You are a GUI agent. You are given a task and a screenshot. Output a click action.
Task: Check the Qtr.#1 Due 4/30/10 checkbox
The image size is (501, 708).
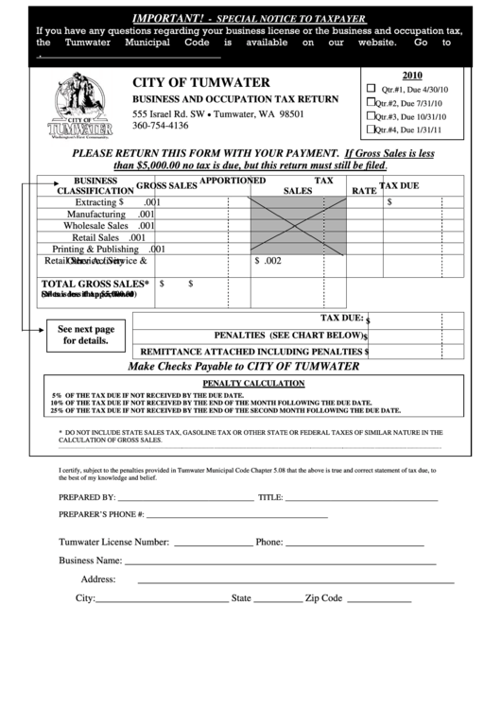click(x=371, y=87)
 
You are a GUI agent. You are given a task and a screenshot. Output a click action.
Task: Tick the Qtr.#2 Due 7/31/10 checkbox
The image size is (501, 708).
click(x=371, y=102)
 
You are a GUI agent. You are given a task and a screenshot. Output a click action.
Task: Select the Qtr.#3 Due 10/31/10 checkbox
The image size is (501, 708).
click(x=371, y=116)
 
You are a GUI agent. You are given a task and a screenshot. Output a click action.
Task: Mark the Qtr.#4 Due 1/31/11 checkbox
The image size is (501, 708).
click(x=371, y=130)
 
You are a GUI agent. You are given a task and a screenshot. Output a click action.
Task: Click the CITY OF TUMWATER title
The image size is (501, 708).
click(x=200, y=82)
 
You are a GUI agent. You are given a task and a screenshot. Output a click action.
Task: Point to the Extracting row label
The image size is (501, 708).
click(x=99, y=202)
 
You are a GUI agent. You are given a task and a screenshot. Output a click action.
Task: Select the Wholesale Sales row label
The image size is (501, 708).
click(x=95, y=226)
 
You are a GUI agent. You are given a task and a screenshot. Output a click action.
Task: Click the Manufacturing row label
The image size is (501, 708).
click(x=97, y=215)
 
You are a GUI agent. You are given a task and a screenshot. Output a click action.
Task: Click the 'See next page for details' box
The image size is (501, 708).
click(x=86, y=335)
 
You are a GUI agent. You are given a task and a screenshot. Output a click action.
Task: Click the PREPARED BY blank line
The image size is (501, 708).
click(x=185, y=498)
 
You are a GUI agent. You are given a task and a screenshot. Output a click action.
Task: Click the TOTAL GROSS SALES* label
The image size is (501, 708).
click(x=94, y=283)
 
